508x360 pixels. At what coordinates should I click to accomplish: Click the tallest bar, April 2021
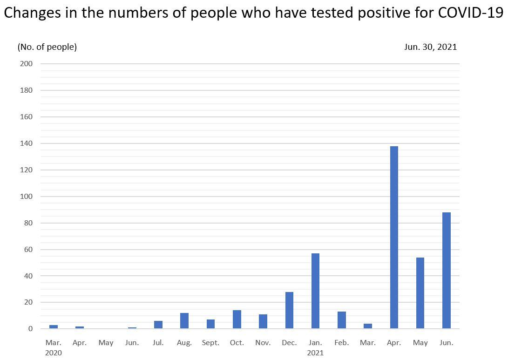pyautogui.click(x=394, y=238)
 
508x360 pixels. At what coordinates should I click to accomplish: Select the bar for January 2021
pyautogui.click(x=315, y=291)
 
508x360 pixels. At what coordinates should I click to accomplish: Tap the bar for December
pyautogui.click(x=289, y=310)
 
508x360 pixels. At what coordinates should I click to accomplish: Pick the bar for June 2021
pyautogui.click(x=447, y=271)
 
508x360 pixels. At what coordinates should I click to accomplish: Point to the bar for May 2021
pyautogui.click(x=420, y=293)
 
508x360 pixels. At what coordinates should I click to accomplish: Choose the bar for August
pyautogui.click(x=184, y=321)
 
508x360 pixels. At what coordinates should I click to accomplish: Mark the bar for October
pyautogui.click(x=237, y=319)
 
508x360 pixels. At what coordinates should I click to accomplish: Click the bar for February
pyautogui.click(x=342, y=320)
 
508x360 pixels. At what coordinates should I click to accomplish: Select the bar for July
pyautogui.click(x=158, y=325)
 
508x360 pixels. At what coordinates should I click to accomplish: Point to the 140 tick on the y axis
pyautogui.click(x=27, y=143)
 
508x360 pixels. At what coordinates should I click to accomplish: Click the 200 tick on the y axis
pyautogui.click(x=27, y=64)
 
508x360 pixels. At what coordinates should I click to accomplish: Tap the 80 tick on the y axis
pyautogui.click(x=28, y=223)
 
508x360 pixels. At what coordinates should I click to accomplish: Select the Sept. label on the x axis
pyautogui.click(x=210, y=343)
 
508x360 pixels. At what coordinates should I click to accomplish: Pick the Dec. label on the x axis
pyautogui.click(x=289, y=343)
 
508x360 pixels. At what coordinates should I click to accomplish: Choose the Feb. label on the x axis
pyautogui.click(x=342, y=343)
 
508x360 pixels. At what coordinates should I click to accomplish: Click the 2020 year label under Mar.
pyautogui.click(x=54, y=353)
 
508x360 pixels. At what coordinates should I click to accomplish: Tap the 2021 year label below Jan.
pyautogui.click(x=315, y=353)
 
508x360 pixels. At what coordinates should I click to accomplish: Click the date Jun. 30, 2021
pyautogui.click(x=431, y=47)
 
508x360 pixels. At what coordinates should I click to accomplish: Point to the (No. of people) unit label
pyautogui.click(x=47, y=47)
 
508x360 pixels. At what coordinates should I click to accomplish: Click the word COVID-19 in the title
pyautogui.click(x=471, y=13)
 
